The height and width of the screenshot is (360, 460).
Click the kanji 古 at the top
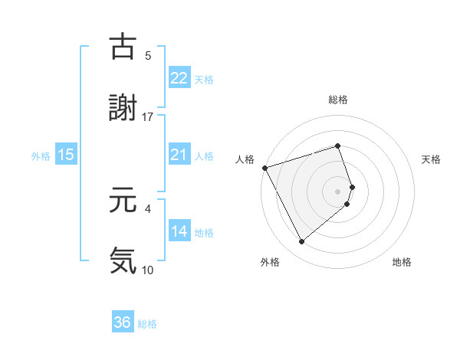click(123, 47)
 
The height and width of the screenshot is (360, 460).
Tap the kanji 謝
click(123, 108)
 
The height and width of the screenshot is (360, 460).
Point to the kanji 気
click(123, 260)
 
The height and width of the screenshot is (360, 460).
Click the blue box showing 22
click(179, 78)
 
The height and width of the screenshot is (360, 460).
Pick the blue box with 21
click(179, 155)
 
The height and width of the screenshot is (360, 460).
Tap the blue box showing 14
click(179, 231)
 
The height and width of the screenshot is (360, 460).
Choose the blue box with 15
click(66, 155)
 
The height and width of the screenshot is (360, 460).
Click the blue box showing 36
click(123, 322)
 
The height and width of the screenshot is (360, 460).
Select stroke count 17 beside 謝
click(148, 117)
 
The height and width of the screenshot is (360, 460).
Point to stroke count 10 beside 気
click(148, 270)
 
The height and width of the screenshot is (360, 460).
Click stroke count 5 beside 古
click(148, 56)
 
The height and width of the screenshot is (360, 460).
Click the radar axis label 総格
click(338, 100)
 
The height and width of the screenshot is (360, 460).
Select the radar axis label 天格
click(431, 159)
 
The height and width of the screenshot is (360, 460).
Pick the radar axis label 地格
click(402, 263)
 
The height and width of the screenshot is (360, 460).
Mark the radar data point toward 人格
click(264, 167)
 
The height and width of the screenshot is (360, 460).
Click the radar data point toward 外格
click(301, 242)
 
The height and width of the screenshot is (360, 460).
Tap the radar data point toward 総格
click(338, 146)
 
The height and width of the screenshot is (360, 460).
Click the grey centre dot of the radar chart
click(338, 191)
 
